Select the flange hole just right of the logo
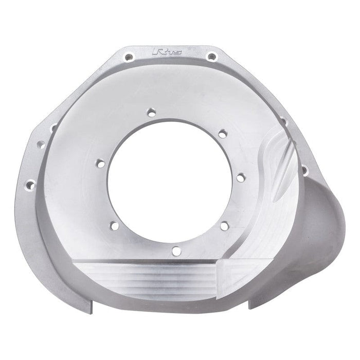[210, 56]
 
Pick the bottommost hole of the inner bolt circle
[176, 250]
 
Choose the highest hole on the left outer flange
[53, 124]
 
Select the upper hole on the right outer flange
[282, 122]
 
